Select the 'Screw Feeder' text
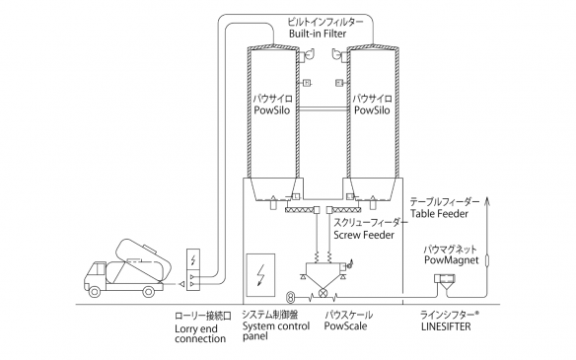click(365, 237)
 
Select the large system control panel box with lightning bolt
click(261, 273)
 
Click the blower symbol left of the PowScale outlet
click(290, 297)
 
